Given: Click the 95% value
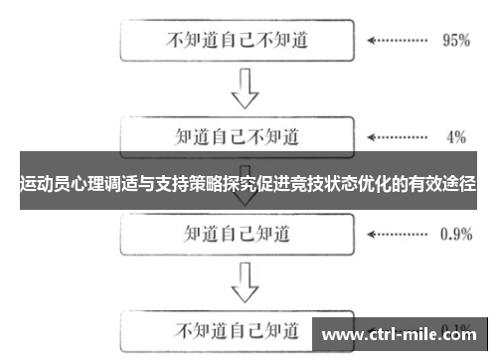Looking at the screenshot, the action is coord(454,42).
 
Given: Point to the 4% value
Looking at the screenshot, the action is coord(456,136).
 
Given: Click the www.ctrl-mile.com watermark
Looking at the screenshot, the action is coord(402,335).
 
